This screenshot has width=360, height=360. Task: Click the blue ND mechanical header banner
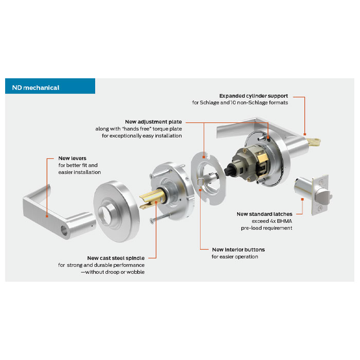pyautogui.click(x=50, y=86)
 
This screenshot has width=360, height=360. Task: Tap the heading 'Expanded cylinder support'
pyautogui.click(x=254, y=96)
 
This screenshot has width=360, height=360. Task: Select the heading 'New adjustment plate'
pyautogui.click(x=153, y=122)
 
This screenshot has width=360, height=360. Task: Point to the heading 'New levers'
pyautogui.click(x=73, y=158)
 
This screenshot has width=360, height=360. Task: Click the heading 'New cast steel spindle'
pyautogui.click(x=116, y=258)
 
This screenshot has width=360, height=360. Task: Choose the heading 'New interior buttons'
pyautogui.click(x=238, y=249)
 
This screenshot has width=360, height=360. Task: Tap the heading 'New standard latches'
pyautogui.click(x=264, y=214)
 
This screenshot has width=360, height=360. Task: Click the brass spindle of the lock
pyautogui.click(x=152, y=199)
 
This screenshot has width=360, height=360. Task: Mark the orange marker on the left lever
pyautogui.click(x=47, y=217)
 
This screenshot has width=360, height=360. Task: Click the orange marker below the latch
pyautogui.click(x=302, y=200)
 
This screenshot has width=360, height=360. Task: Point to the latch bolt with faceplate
pyautogui.click(x=313, y=194)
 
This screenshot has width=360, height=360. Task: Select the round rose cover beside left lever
pyautogui.click(x=117, y=211)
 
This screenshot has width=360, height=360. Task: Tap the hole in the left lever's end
pyautogui.click(x=64, y=230)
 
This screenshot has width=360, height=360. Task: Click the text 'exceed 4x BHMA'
pyautogui.click(x=272, y=221)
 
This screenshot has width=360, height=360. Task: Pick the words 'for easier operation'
pyautogui.click(x=235, y=257)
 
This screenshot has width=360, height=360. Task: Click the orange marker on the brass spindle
pyautogui.click(x=156, y=202)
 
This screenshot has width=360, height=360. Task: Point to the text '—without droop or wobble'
pyautogui.click(x=113, y=272)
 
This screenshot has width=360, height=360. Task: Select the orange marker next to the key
pyautogui.click(x=304, y=134)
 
